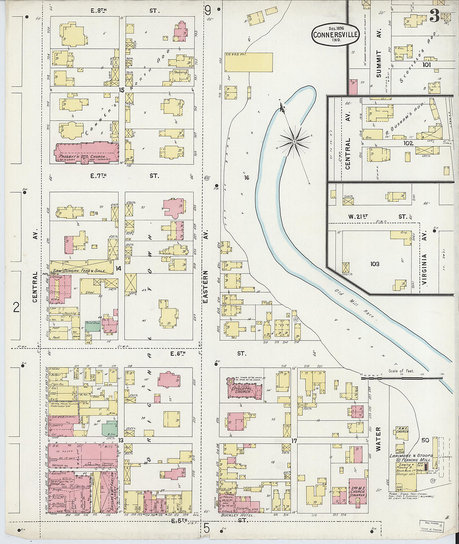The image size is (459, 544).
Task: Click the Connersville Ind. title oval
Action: tap(335, 35)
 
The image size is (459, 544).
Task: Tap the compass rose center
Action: tap(295, 142)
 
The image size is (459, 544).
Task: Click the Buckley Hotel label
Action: tap(235, 515)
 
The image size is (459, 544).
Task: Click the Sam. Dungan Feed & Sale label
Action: tap(79, 271)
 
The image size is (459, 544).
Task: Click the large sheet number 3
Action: tap(434, 17)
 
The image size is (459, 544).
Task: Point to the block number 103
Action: tap(374, 264)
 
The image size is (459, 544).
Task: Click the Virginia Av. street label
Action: tap(424, 269)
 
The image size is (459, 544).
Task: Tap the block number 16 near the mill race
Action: tap(247, 178)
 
